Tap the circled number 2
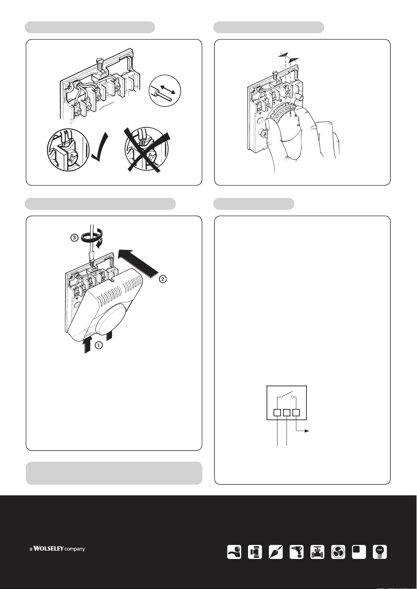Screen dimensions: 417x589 pos(163,279)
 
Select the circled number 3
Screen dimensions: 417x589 pos(75,238)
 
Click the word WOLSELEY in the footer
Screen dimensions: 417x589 pos(48,548)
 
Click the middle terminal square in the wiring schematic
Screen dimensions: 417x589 pos(287,412)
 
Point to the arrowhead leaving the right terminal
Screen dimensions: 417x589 pos(307,431)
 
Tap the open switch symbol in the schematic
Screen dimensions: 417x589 pos(287,396)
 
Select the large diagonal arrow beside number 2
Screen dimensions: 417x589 pos(138,264)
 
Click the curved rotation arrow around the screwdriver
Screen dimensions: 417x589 pos(91,238)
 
